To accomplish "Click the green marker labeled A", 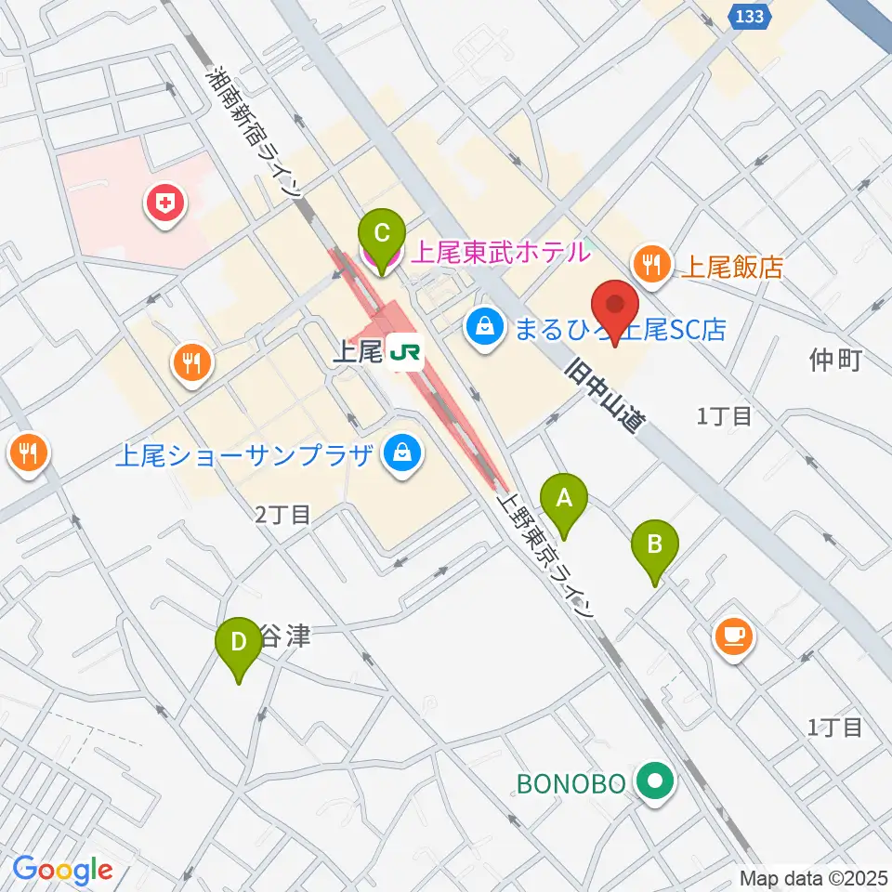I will click(x=564, y=502).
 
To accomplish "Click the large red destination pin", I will click(x=614, y=310).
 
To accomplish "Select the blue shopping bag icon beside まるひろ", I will click(x=485, y=325).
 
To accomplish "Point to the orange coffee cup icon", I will click(x=734, y=636).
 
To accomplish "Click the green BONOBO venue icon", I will click(x=657, y=782).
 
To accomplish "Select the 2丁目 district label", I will click(x=282, y=514).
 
